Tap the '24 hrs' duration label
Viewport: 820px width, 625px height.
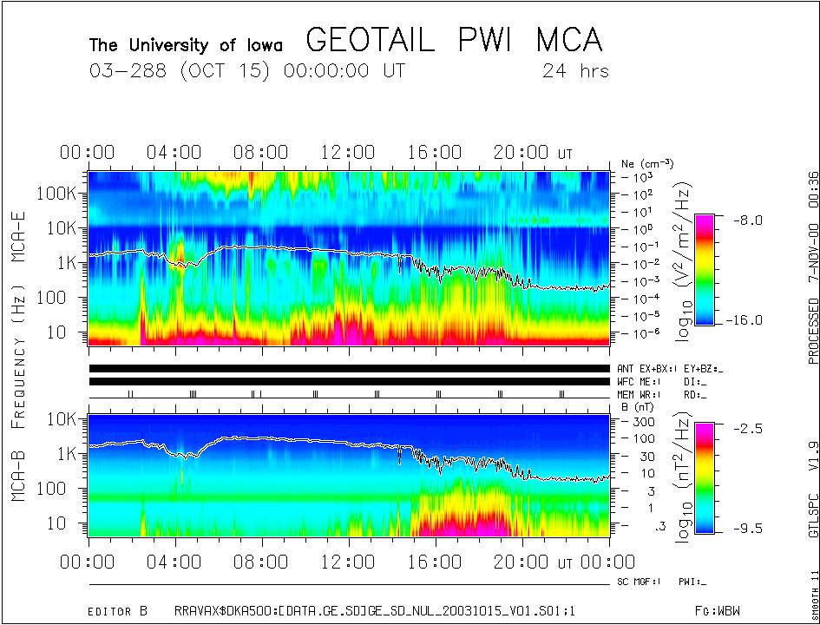(575, 71)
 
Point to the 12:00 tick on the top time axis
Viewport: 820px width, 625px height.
(348, 154)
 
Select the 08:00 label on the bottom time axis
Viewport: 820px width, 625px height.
(261, 563)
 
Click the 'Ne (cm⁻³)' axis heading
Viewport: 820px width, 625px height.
(646, 163)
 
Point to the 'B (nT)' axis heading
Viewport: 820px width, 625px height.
(637, 405)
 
